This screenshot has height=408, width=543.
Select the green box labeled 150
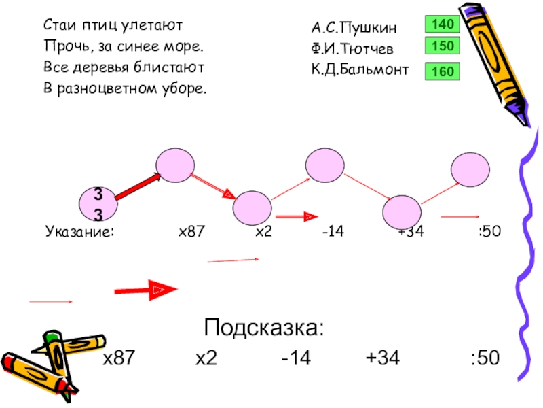pyautogui.click(x=443, y=46)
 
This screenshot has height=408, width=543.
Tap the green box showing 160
pyautogui.click(x=443, y=71)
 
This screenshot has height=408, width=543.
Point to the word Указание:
pyautogui.click(x=80, y=232)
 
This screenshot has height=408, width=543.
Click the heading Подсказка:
pyautogui.click(x=264, y=329)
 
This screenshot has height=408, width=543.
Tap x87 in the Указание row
pyautogui.click(x=191, y=232)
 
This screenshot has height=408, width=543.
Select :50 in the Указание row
pyautogui.click(x=489, y=232)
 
